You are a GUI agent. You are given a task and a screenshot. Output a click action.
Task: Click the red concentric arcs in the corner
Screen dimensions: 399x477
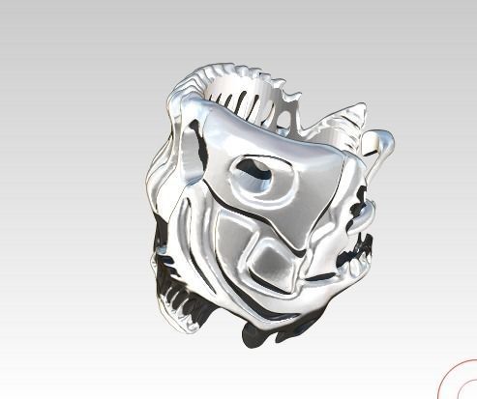[458, 381]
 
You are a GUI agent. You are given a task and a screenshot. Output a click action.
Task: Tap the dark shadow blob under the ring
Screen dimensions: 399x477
[261, 332]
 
